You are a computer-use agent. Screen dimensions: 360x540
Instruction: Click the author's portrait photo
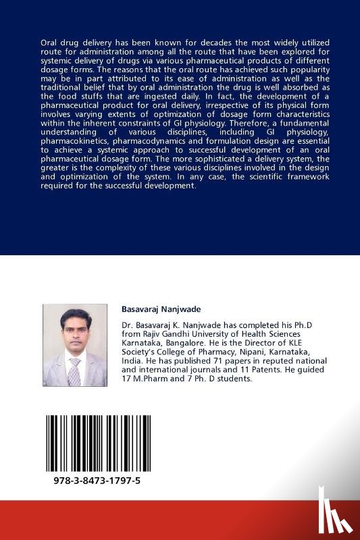pos(74,344)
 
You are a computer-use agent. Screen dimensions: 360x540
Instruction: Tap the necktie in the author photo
pos(74,371)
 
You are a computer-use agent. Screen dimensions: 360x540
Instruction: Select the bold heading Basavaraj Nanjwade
pos(159,308)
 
